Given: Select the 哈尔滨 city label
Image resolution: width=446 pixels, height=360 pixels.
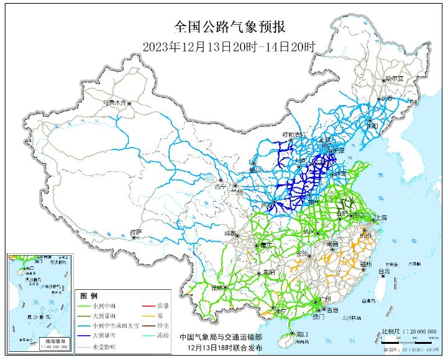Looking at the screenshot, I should coord(394,79).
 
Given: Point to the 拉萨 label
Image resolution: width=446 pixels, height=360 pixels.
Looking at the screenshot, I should coord(135,232).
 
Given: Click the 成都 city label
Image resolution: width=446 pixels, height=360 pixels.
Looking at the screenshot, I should coord(229,233).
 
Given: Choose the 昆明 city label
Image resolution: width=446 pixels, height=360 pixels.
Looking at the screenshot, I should coord(217,287).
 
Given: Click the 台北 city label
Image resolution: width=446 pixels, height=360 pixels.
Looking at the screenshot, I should coord(384,271).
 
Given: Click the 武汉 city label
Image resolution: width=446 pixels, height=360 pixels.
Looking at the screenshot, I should coord(309,232).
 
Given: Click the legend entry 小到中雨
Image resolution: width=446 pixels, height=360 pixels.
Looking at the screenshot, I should coord(104,305).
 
